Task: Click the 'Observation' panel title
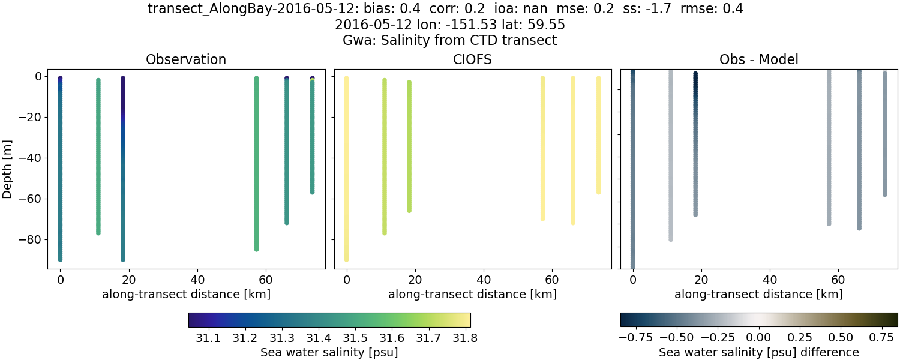click(x=186, y=59)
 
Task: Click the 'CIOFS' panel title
click(x=472, y=59)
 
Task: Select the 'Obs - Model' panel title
click(x=758, y=59)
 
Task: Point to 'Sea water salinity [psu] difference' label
click(x=759, y=352)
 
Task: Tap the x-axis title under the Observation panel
click(x=186, y=294)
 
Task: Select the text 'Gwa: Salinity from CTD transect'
click(x=449, y=41)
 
